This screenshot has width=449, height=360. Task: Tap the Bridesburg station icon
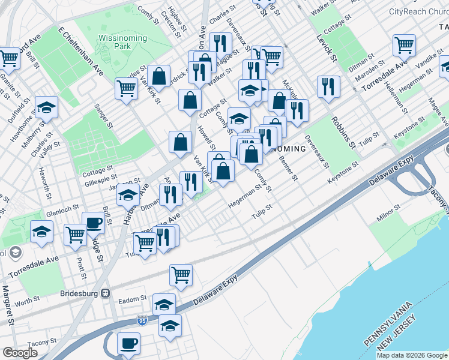click(x=106, y=293)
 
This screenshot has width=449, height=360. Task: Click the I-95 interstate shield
click(x=142, y=320)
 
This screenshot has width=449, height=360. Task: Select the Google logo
click(x=20, y=353)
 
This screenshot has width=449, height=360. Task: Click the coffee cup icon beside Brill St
click(x=93, y=223)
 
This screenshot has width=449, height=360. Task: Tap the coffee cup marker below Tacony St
click(x=128, y=343)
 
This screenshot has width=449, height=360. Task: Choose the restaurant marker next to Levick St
click(x=328, y=86)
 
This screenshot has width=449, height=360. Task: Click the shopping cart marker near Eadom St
click(x=181, y=275)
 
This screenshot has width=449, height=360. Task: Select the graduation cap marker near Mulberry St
click(x=46, y=107)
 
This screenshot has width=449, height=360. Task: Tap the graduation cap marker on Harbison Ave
click(x=128, y=194)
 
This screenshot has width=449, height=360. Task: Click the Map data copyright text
click(x=411, y=355)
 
